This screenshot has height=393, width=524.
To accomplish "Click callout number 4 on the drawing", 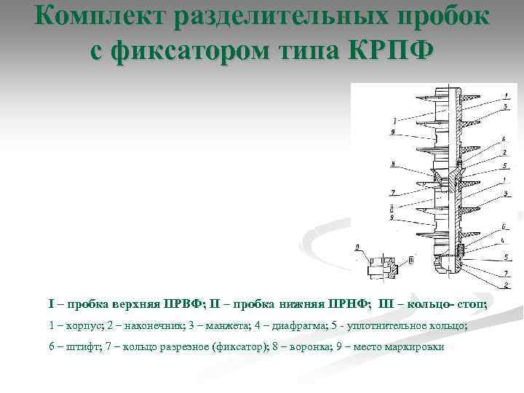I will coord(503,239).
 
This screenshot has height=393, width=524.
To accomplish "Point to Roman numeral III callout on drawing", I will coord(412,259).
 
